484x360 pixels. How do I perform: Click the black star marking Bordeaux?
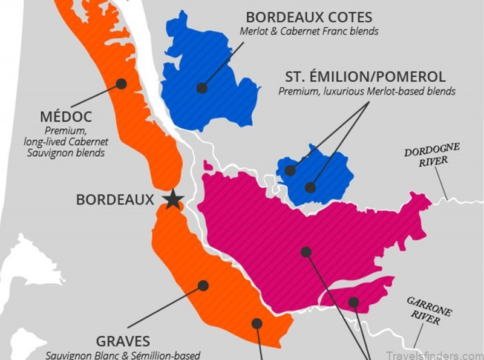pyautogui.click(x=173, y=199)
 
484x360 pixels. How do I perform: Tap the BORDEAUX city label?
pyautogui.click(x=115, y=199)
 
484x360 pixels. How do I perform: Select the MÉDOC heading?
pyautogui.click(x=65, y=116)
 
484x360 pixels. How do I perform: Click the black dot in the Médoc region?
pyautogui.click(x=121, y=84)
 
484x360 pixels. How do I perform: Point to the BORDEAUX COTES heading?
pyautogui.click(x=309, y=17)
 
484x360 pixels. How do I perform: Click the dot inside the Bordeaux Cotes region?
pyautogui.click(x=202, y=88)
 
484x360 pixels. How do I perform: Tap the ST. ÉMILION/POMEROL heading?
pyautogui.click(x=365, y=77)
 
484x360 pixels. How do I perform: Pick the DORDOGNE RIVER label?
pyautogui.click(x=432, y=155)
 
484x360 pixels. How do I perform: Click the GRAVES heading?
pyautogui.click(x=123, y=341)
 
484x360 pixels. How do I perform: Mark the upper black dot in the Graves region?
pyautogui.click(x=203, y=285)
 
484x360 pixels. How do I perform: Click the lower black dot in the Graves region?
pyautogui.click(x=257, y=324)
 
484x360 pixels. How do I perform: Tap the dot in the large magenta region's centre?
pyautogui.click(x=306, y=251)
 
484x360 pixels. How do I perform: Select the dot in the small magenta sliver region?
pyautogui.click(x=353, y=302)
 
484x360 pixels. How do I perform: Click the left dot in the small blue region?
pyautogui.click(x=290, y=171)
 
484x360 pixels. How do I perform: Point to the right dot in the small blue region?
pyautogui.click(x=310, y=188)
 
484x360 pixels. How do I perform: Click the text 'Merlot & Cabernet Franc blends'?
pyautogui.click(x=309, y=31)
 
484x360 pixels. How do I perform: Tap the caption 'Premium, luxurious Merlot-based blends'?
pyautogui.click(x=367, y=91)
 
